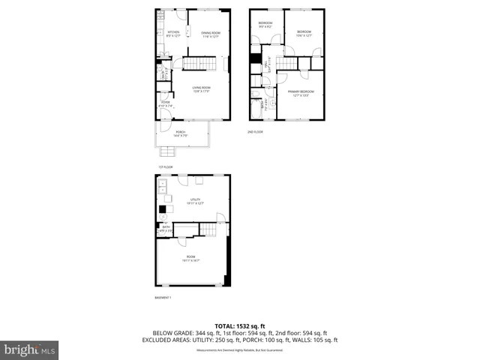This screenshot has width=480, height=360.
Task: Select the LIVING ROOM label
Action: [200, 88]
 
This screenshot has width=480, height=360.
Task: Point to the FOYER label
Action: [165, 104]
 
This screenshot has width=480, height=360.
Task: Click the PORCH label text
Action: [180, 134]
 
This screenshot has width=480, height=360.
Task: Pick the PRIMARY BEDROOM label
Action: [301, 92]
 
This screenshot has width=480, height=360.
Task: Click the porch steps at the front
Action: [166, 151]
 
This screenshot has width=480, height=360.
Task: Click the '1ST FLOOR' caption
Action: [165, 166]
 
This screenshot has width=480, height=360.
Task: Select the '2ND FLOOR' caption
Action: [256, 132]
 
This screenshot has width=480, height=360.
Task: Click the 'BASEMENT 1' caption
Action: [163, 298]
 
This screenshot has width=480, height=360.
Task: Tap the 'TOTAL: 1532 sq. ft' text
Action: [240, 325]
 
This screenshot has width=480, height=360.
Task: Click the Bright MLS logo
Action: [29, 349]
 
